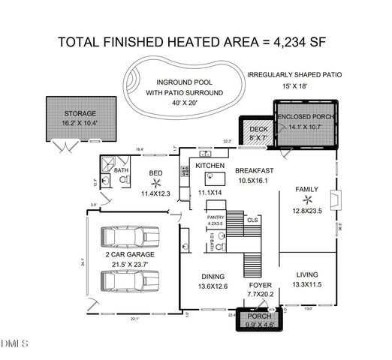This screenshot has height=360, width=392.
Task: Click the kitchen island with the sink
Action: [215, 178]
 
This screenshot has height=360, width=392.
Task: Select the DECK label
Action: [258, 129]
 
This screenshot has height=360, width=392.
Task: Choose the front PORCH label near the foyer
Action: [260, 316]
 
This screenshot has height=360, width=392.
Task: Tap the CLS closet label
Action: [252, 220]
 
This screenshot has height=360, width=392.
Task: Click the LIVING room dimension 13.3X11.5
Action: [308, 284]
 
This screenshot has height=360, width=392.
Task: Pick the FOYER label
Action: [260, 285]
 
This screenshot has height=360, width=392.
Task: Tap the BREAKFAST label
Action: [255, 171]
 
